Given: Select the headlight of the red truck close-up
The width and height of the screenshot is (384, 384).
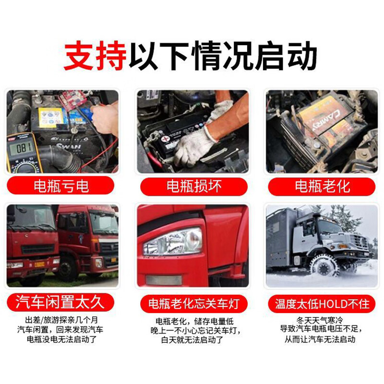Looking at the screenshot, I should pos(173,241).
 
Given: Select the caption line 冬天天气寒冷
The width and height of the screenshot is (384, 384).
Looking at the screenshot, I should pos(321,319).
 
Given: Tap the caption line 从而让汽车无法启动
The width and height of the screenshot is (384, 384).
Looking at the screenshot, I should pos(321,340).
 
